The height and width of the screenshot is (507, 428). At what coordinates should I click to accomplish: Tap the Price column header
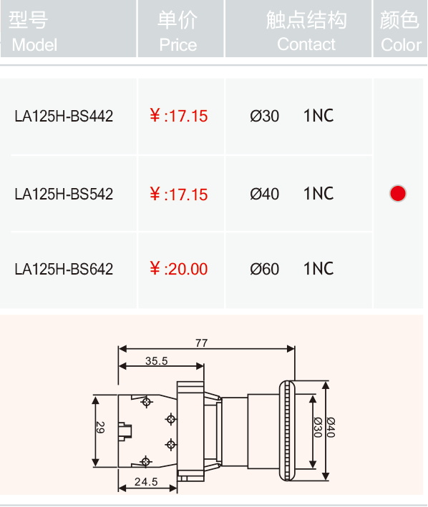[177, 31]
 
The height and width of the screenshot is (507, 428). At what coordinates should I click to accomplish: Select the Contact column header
[306, 31]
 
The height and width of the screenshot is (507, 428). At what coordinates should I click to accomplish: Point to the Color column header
[401, 31]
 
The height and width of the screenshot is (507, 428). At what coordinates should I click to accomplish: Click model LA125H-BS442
[64, 116]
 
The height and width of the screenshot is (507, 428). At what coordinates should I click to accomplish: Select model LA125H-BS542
[64, 194]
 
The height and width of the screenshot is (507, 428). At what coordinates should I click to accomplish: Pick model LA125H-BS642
[64, 269]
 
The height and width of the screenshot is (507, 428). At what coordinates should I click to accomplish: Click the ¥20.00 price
[179, 269]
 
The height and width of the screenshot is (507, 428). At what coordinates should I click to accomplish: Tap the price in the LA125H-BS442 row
[179, 116]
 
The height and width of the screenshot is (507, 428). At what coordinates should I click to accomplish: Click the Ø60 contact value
[264, 269]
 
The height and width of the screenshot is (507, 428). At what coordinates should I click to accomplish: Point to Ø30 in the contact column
[264, 116]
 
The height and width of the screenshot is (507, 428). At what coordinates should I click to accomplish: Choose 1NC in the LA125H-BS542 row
[318, 194]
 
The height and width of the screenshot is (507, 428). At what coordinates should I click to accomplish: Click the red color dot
[398, 193]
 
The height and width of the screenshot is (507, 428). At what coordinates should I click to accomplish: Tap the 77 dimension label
[201, 343]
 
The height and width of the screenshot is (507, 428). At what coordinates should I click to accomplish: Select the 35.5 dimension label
[157, 361]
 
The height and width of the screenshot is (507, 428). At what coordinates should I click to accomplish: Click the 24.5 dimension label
[146, 482]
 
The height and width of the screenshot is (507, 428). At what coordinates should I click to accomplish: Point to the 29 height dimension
[101, 427]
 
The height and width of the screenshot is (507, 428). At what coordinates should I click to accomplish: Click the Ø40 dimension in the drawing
[331, 427]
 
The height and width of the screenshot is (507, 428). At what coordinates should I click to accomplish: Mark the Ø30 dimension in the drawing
[318, 427]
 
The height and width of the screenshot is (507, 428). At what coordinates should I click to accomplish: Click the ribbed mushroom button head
[287, 430]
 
